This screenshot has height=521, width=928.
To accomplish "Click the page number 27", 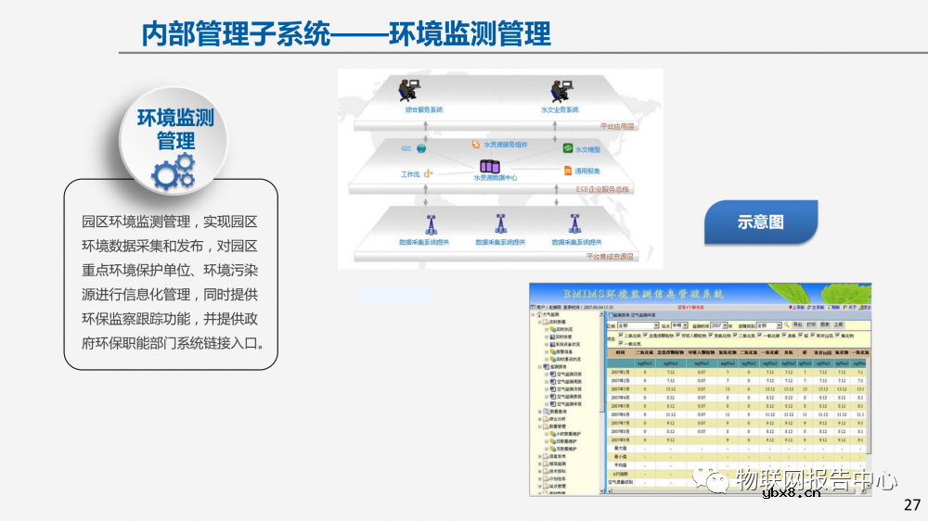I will [911, 505].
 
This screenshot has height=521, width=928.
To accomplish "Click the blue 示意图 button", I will [761, 222].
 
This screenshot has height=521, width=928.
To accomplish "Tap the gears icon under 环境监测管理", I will [174, 172].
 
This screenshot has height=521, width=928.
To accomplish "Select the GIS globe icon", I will [421, 148].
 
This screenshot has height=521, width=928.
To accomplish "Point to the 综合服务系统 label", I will [424, 109].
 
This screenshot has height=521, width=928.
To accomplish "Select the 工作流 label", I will [410, 173].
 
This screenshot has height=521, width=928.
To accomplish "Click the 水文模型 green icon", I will [568, 148].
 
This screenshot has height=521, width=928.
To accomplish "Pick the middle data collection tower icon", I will [499, 224].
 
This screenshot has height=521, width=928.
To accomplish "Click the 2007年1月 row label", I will [621, 371].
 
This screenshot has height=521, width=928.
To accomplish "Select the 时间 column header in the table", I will [621, 353].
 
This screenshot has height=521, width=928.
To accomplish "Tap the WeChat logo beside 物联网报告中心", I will [715, 479].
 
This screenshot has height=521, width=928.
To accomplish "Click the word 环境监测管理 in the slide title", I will [470, 35].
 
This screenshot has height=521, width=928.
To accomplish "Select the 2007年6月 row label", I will [621, 413].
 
